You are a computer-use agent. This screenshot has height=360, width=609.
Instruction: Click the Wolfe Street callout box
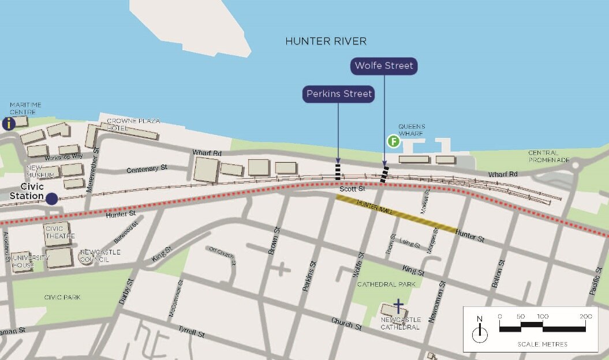384,66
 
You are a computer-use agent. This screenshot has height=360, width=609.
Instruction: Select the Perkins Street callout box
339,93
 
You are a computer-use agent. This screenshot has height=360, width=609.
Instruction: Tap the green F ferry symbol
393,140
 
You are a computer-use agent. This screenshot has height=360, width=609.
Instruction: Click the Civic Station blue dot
52,198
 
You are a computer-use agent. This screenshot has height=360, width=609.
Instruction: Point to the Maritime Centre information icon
9,123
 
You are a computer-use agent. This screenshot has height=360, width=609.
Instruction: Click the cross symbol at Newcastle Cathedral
398,305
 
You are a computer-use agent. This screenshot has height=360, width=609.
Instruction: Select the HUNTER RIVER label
326,42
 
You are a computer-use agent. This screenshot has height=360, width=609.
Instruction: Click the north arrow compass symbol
480,332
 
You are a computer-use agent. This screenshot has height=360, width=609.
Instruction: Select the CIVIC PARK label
62,297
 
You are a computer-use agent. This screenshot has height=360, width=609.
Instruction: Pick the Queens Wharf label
412,130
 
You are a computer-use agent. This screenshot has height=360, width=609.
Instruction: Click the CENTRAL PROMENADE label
549,156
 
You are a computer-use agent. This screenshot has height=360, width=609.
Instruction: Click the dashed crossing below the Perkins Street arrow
338,172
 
